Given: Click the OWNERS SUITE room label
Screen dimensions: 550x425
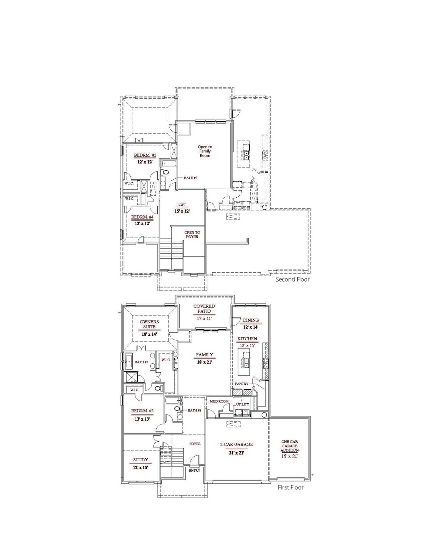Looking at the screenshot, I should [149, 324].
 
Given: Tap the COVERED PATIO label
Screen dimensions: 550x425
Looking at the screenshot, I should [204, 309].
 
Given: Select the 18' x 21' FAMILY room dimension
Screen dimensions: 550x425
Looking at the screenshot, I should [205, 362].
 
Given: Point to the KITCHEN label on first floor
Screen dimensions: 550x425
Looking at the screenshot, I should [247, 339].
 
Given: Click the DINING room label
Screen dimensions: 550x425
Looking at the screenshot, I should [251, 321].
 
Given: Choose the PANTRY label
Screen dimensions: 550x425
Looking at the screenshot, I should [241, 384].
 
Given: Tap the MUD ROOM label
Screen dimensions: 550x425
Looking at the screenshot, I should [219, 401].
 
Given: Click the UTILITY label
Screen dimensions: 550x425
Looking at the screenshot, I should [242, 405].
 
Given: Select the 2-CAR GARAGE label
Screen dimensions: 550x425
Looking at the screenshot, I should [236, 444].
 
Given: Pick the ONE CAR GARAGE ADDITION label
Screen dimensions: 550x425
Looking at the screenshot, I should [290, 446].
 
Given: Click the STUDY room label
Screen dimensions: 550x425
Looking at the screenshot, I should [140, 460].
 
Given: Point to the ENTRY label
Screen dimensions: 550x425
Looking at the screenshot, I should [195, 471].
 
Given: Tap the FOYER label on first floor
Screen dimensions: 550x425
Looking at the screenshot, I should [195, 444].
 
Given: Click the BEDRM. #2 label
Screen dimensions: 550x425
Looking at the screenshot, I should [142, 411].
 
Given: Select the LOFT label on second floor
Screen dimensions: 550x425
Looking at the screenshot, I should [182, 205].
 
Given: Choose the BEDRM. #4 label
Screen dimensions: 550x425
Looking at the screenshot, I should [142, 217].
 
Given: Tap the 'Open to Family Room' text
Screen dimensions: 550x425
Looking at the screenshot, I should [205, 151].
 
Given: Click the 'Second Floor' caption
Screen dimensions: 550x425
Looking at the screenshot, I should [293, 279].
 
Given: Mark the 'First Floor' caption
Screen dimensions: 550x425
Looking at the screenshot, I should [291, 488].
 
